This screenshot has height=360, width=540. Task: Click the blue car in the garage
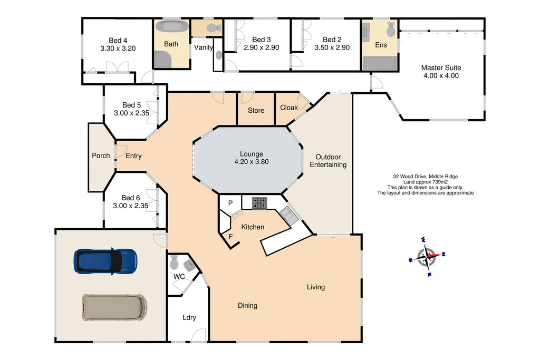[x=106, y=260]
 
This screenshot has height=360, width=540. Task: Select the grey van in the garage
[x=114, y=307]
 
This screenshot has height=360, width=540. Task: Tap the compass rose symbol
[x=428, y=257]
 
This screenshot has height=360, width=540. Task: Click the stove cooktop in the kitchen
[x=259, y=203]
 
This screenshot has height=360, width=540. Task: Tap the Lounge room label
[x=251, y=154]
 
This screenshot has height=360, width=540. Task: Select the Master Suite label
[x=441, y=67]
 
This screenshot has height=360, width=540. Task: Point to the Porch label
[x=101, y=155]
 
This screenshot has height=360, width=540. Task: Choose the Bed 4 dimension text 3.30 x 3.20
[x=118, y=48]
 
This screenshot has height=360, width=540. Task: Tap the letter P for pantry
[x=230, y=203]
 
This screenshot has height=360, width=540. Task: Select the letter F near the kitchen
[x=230, y=236]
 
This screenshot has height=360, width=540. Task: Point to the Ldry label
[x=189, y=317]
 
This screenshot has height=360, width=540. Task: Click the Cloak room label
[x=288, y=108]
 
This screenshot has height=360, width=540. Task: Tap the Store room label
[x=256, y=111]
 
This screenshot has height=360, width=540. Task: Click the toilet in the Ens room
[x=391, y=27]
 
